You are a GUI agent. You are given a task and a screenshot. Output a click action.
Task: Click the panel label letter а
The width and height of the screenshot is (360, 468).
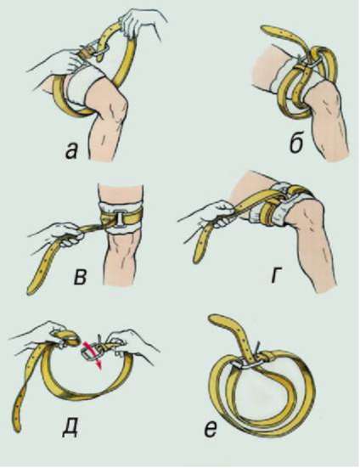[72, 151]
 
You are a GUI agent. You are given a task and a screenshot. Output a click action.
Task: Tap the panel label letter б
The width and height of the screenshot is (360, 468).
[297, 144]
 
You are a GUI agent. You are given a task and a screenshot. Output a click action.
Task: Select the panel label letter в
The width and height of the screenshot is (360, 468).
[80, 277]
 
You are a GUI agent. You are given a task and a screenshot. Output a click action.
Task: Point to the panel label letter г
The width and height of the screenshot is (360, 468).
[278, 276]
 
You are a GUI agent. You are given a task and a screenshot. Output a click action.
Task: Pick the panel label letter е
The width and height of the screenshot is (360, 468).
[211, 431]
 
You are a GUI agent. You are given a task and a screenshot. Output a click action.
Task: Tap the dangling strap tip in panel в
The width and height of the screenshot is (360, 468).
[31, 290]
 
